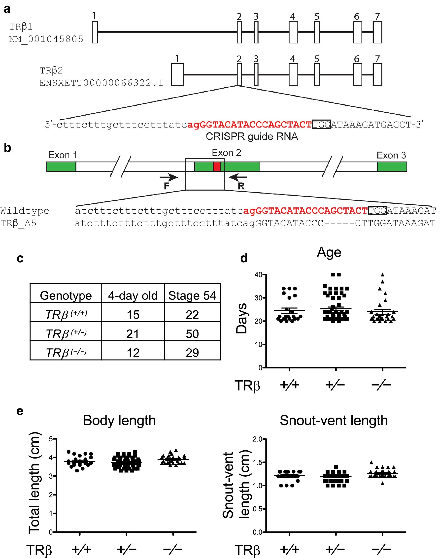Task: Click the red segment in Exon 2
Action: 217,166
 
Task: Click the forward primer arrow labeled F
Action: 169,177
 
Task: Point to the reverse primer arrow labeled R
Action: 238,177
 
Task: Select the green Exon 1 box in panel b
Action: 61,166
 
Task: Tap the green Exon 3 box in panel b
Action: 392,166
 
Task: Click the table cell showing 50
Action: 192,334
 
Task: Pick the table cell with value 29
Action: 192,353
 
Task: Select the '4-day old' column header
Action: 133,295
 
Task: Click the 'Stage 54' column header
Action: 192,295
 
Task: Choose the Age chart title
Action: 329,252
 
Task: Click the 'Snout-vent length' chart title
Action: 334,421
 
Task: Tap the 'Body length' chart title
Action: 119,421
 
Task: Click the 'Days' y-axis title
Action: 242,318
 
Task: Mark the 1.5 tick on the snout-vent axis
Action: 257,462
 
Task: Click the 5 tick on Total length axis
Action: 51,439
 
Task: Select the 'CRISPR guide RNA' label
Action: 252,136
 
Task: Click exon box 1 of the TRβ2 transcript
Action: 177,75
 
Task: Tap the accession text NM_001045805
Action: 46,39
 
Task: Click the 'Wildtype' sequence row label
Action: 25,211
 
